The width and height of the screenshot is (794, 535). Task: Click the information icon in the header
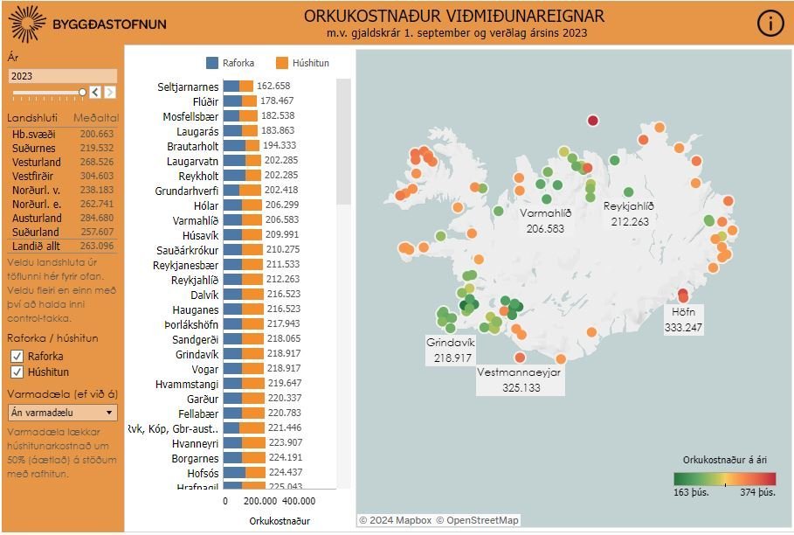click(x=770, y=24)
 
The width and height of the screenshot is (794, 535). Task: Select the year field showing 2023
click(x=61, y=76)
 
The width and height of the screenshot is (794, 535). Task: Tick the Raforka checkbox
click(x=17, y=356)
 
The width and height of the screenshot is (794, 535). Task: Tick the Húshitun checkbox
click(x=17, y=372)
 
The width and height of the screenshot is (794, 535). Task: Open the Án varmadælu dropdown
click(x=62, y=413)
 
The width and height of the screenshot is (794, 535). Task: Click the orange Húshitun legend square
click(x=281, y=63)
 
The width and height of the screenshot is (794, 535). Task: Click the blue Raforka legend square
click(x=212, y=63)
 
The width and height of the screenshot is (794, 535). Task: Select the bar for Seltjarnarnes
click(x=238, y=86)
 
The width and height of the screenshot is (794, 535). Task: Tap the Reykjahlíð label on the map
click(x=629, y=206)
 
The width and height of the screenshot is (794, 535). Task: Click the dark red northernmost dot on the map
click(x=593, y=121)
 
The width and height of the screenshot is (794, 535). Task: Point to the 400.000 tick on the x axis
click(x=300, y=502)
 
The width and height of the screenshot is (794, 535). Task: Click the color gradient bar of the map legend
click(x=724, y=478)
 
